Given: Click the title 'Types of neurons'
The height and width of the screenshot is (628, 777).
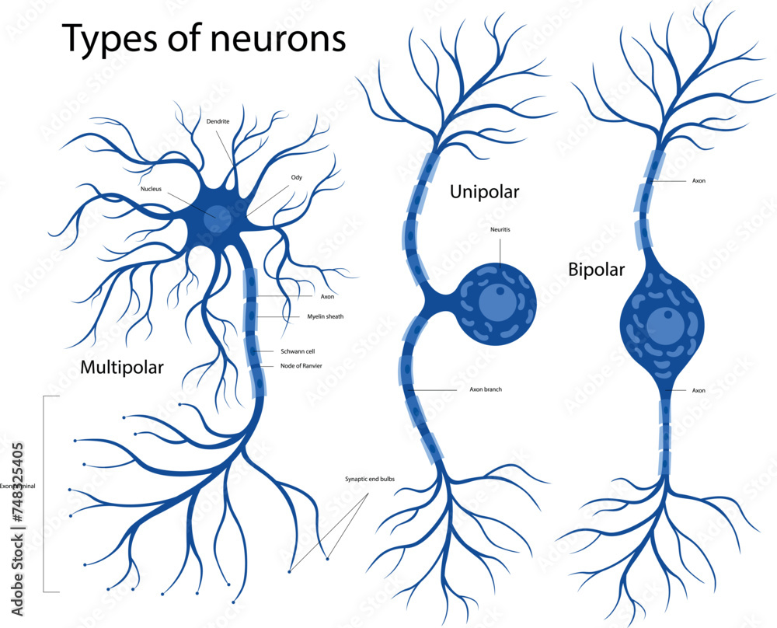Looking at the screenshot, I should (204, 38).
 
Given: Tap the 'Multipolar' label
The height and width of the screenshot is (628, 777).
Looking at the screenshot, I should (122, 368).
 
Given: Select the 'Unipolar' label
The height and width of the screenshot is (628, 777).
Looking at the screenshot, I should (484, 191).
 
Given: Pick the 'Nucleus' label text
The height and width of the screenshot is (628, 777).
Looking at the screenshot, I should (151, 189).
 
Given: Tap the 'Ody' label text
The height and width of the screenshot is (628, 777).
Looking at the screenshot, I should (296, 178).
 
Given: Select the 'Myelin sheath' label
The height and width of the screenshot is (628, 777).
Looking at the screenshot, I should (325, 316).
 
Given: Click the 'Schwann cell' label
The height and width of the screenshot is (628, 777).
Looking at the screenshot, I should (298, 351).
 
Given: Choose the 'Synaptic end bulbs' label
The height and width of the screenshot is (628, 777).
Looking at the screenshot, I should (370, 479).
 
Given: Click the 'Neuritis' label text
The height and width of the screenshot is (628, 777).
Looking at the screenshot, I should (500, 230).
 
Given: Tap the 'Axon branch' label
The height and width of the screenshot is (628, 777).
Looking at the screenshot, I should (486, 389).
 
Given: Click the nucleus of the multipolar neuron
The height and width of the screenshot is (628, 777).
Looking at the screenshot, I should (218, 219).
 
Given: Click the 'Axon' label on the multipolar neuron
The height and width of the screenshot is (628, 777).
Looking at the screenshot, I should (327, 296).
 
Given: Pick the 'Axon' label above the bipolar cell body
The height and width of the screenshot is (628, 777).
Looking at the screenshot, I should (699, 180).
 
